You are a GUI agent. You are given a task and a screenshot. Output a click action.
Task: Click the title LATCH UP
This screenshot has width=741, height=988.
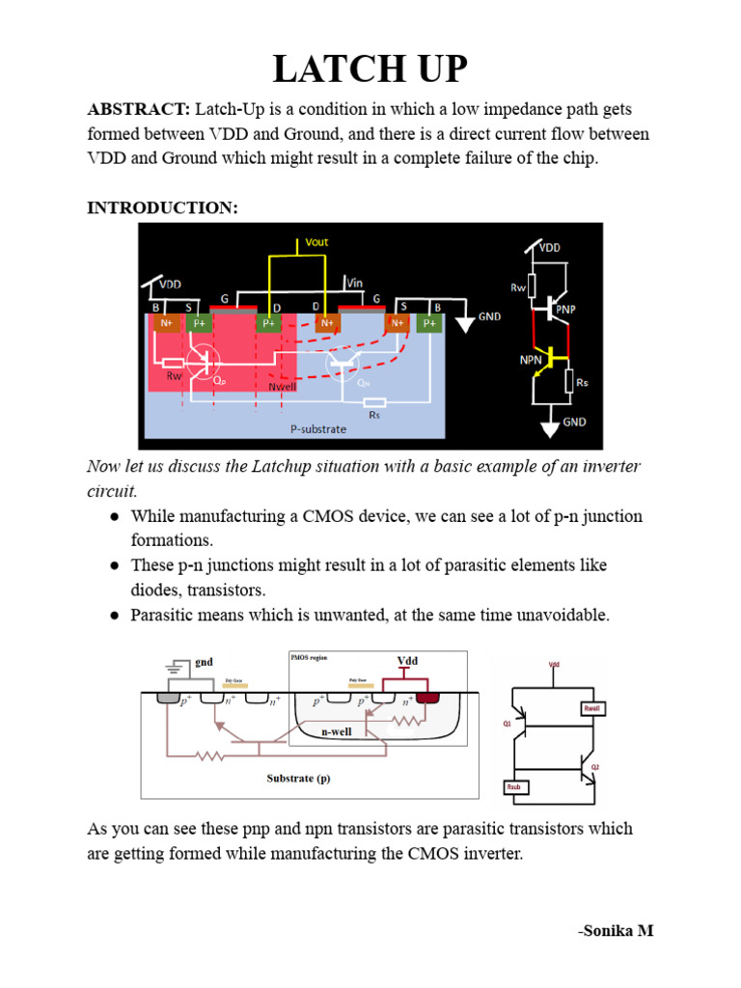tap(370, 70)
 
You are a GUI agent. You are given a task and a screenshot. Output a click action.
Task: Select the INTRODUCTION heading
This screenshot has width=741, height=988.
tap(162, 207)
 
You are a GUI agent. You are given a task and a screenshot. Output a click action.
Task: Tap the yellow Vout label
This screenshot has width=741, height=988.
tap(316, 242)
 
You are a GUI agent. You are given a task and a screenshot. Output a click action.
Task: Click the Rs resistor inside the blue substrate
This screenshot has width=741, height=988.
tap(374, 402)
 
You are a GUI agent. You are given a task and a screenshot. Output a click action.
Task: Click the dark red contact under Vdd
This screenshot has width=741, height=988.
tap(425, 698)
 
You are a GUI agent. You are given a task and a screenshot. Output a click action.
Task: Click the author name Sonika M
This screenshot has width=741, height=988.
tap(616, 930)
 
